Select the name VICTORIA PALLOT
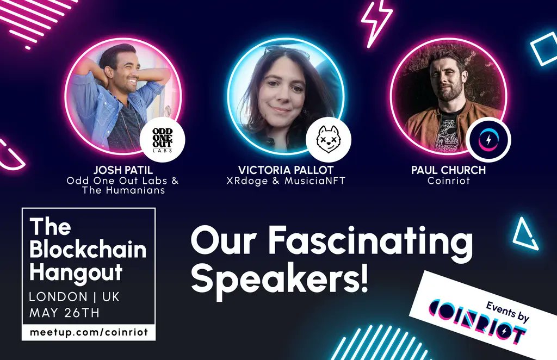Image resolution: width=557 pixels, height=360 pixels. coord(284,170)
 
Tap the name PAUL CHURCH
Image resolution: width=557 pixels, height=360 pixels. coord(448,170)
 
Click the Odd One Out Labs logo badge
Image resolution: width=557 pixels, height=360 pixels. coord(162,140)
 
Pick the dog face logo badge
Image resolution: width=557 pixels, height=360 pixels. coord(328,140)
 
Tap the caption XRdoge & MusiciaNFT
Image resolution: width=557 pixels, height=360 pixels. coord(284,181)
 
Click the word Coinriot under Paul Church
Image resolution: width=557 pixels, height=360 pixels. coord(448,181)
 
